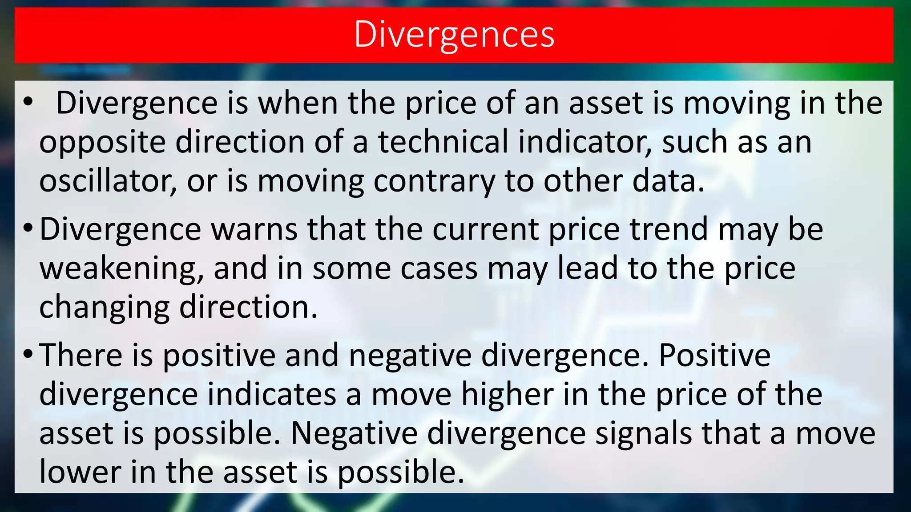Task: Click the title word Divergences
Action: (x=454, y=35)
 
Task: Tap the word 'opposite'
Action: (x=102, y=142)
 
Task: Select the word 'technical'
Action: (x=443, y=142)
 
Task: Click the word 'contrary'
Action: (x=434, y=181)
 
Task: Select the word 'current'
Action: (x=485, y=229)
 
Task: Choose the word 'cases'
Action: (x=439, y=268)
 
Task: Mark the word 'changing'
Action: (x=104, y=308)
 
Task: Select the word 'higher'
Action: (x=507, y=395)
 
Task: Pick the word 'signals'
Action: (x=643, y=434)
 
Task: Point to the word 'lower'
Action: (x=80, y=472)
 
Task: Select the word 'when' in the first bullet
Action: (x=298, y=103)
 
